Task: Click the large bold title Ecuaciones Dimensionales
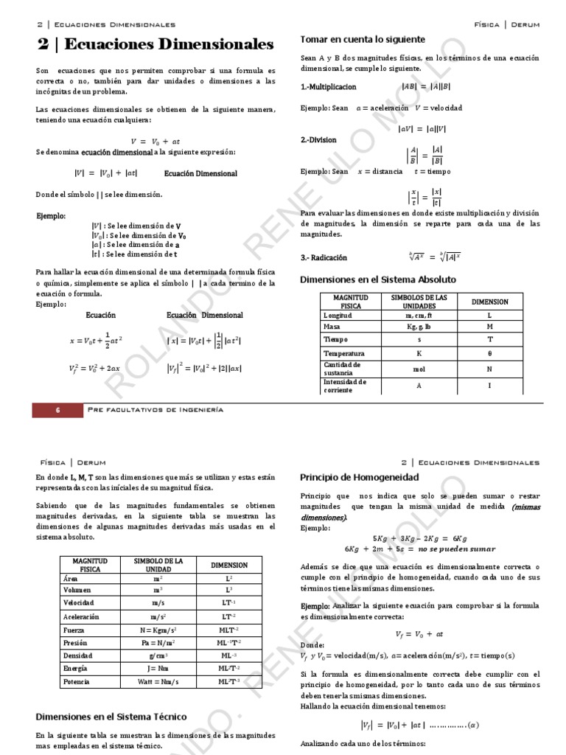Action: (156, 45)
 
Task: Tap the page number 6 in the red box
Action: (57, 410)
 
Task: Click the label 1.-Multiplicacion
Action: (328, 87)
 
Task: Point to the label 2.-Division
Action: (318, 139)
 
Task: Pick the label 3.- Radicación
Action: (324, 258)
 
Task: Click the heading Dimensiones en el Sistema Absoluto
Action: (378, 280)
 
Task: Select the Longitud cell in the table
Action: (338, 315)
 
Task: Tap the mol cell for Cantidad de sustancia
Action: (419, 368)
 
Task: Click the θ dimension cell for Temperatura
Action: (489, 353)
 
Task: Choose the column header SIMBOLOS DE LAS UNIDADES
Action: (419, 301)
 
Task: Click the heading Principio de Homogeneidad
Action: (360, 477)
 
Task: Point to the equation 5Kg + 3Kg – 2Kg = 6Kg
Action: (419, 538)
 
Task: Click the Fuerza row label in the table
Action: (75, 631)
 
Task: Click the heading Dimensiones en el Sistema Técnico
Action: (111, 717)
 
